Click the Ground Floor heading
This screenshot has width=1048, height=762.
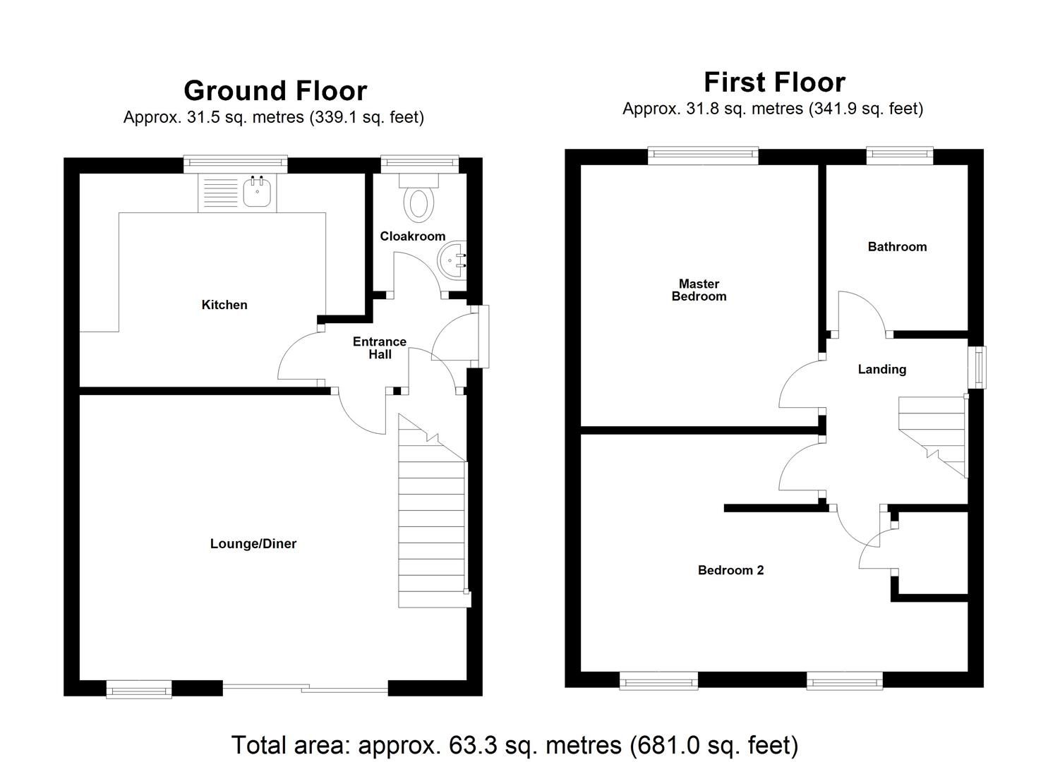point(275,91)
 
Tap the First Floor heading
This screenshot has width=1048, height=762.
point(774,83)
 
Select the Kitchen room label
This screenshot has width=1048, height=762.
point(224,305)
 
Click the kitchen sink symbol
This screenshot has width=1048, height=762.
point(257,192)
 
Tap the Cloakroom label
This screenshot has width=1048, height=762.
point(412,236)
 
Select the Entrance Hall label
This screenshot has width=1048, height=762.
point(380,348)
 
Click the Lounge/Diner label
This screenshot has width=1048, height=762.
point(253,543)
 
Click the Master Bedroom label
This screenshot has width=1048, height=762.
point(699,290)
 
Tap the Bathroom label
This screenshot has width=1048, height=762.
point(897,247)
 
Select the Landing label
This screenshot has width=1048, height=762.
point(881,369)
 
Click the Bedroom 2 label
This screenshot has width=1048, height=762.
point(730,570)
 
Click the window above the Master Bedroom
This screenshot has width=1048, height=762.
point(703,155)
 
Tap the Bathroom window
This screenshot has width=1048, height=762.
point(899,155)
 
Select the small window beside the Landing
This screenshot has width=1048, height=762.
point(977,367)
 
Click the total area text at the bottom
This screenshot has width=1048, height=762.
point(514,745)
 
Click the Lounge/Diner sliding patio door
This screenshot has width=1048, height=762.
point(305,688)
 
